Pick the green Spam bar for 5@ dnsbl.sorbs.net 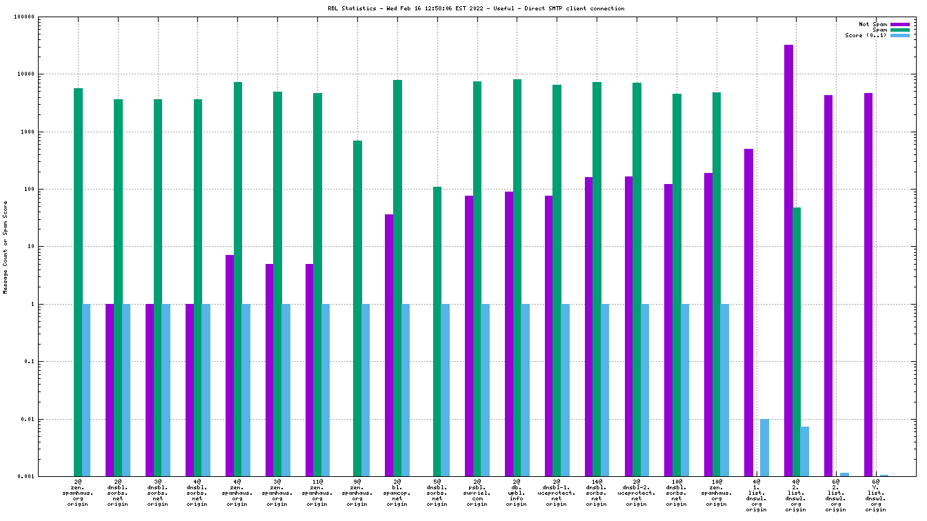pyautogui.click(x=437, y=331)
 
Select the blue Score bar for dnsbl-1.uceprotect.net pyautogui.click(x=565, y=389)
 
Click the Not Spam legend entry pyautogui.click(x=873, y=24)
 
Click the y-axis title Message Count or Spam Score pyautogui.click(x=6, y=247)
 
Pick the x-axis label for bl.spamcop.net pyautogui.click(x=397, y=492)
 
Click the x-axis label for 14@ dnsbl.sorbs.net pyautogui.click(x=597, y=492)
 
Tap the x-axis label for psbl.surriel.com pyautogui.click(x=477, y=492)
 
